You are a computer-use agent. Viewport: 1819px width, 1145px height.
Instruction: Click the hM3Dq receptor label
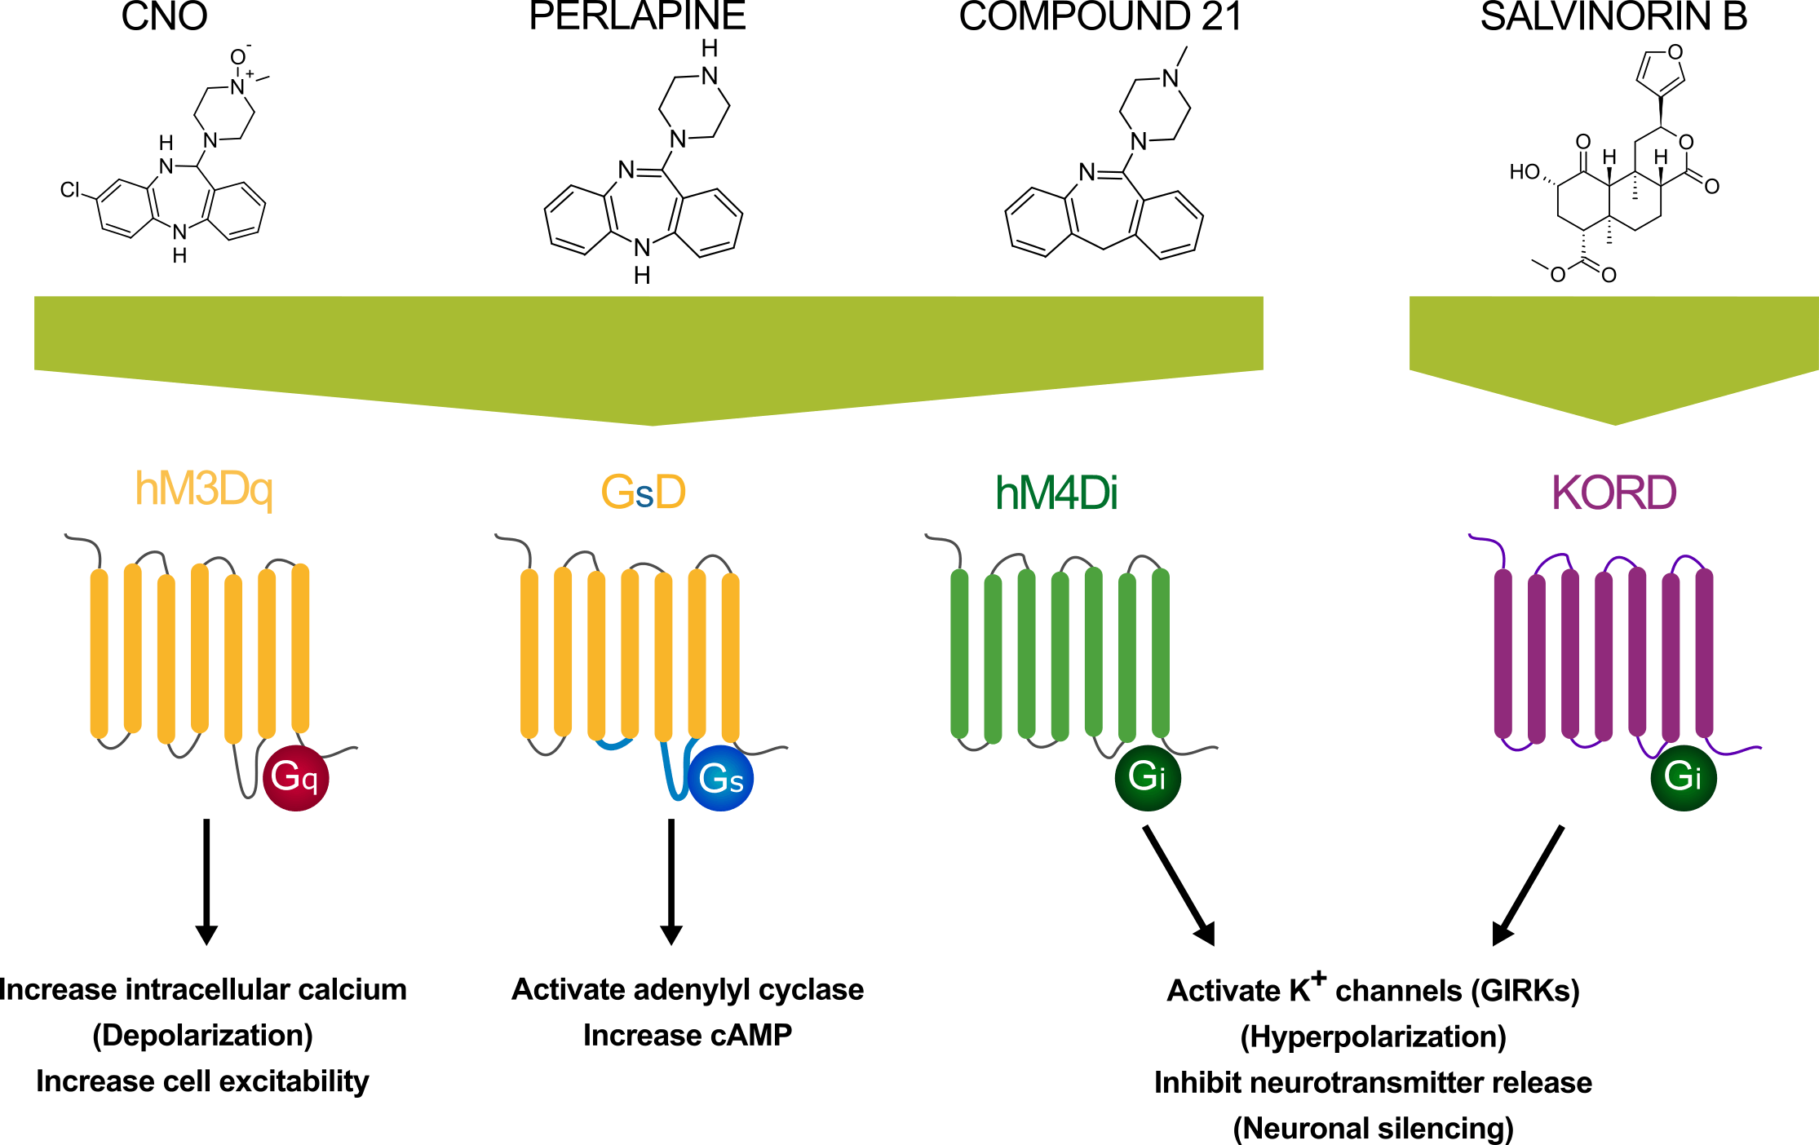tap(204, 489)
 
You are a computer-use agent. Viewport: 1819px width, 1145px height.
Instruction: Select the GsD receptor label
tap(644, 493)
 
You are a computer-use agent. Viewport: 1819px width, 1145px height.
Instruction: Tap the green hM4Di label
tap(1056, 493)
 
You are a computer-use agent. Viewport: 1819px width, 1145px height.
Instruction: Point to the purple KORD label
tap(1613, 493)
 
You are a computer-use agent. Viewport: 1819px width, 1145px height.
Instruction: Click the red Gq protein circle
tap(295, 777)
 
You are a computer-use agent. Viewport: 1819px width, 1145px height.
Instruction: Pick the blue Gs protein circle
tap(721, 778)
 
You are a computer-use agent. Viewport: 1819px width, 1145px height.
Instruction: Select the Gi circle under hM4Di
tap(1147, 777)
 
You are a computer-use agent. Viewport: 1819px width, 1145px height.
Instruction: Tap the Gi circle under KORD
tap(1683, 777)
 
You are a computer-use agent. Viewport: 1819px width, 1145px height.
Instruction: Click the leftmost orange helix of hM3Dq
tap(99, 652)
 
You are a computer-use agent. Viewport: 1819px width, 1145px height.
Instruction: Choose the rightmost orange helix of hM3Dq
tap(300, 648)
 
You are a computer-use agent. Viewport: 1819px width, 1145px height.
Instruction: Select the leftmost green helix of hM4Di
tap(959, 652)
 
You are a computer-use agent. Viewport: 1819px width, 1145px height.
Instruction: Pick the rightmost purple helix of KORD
tap(1704, 652)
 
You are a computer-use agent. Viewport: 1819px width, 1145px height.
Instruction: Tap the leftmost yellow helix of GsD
tap(529, 652)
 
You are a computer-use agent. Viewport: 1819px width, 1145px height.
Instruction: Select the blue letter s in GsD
tap(644, 496)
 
